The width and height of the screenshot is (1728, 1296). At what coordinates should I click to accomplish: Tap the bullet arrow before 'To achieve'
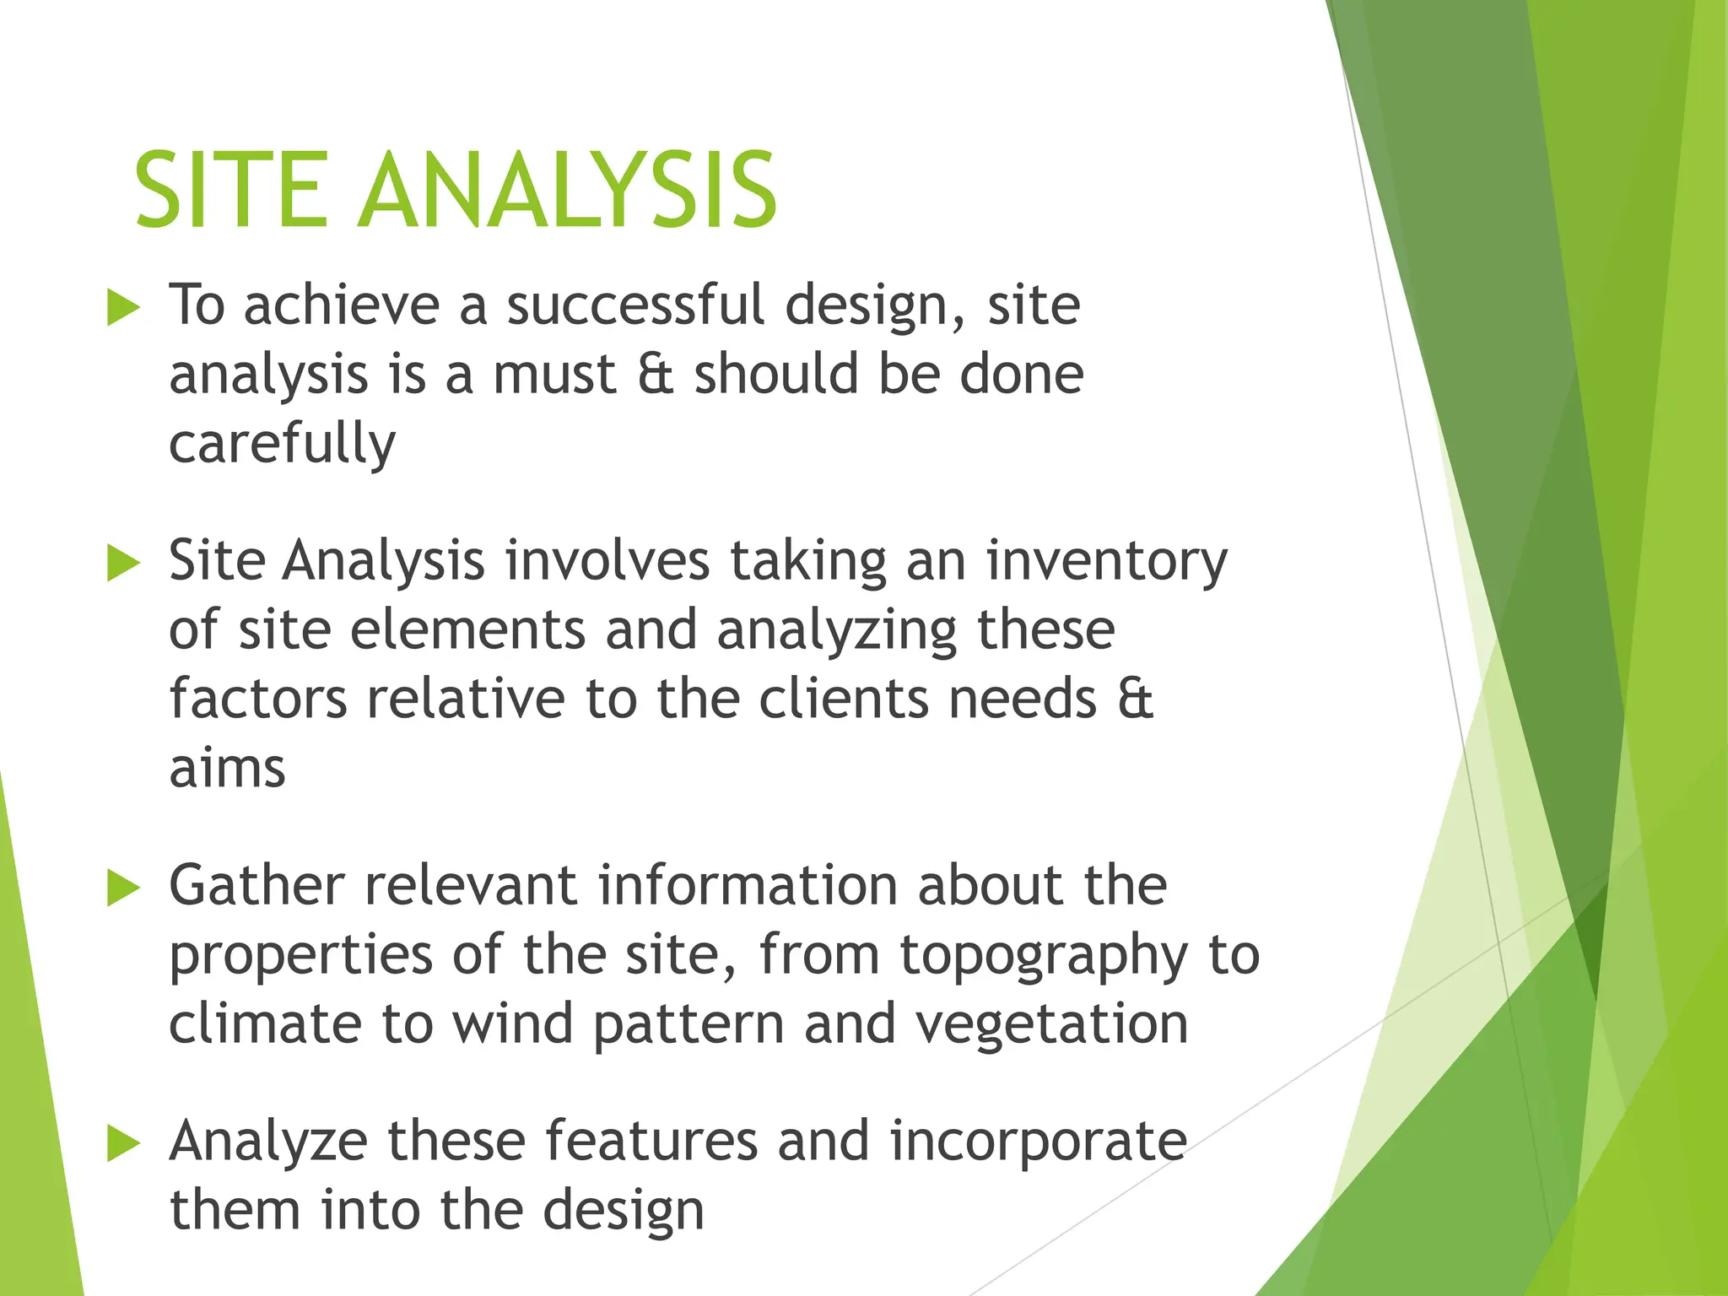click(123, 309)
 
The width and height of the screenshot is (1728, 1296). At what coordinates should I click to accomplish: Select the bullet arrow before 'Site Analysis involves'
click(123, 564)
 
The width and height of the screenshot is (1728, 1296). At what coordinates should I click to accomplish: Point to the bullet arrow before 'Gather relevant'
click(123, 888)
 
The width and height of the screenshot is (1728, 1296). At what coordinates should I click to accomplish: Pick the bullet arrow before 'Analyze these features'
click(123, 1144)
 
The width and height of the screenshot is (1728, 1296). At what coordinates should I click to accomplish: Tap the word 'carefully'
click(282, 444)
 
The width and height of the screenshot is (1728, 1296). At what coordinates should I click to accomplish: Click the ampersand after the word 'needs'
click(1135, 699)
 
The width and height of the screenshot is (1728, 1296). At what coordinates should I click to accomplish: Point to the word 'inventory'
click(1107, 562)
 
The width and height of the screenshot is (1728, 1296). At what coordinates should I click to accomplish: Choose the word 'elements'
click(467, 630)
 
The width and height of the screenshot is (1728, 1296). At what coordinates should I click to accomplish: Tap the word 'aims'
click(227, 769)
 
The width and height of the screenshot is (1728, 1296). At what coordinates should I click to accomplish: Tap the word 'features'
click(651, 1141)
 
